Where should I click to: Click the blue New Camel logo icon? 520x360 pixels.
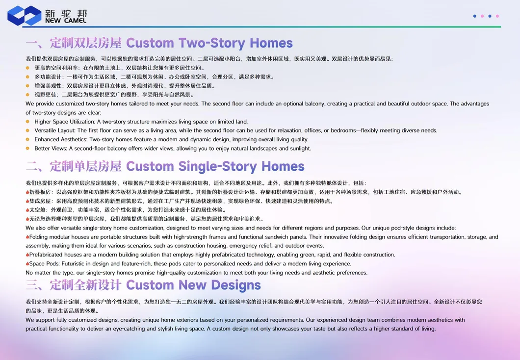(x=24, y=15)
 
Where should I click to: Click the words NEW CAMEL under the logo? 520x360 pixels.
(x=65, y=21)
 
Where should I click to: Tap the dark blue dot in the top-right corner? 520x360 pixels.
(x=474, y=16)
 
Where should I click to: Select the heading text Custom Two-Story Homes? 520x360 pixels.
(x=209, y=43)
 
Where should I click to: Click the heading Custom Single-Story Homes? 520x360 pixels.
(x=215, y=167)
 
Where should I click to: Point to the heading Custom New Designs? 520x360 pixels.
(x=193, y=285)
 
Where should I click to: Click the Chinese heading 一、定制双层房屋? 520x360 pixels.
(x=74, y=43)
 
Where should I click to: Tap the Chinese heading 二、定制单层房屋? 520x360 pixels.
(x=74, y=167)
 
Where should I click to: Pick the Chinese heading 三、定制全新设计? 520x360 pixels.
(x=74, y=285)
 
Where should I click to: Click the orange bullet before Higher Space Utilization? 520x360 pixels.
(x=28, y=122)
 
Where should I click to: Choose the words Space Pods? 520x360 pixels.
(x=43, y=264)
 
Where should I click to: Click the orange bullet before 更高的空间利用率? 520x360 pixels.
(x=28, y=68)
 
